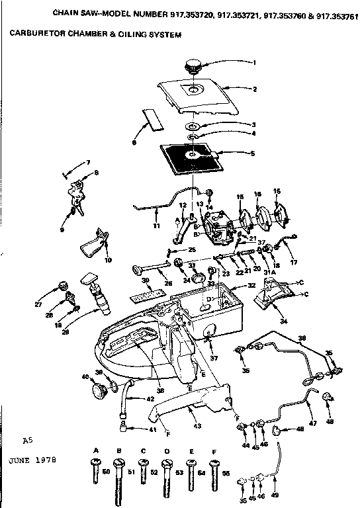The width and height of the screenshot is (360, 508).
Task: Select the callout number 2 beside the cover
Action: [254, 89]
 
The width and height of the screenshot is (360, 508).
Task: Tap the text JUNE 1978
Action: [32, 458]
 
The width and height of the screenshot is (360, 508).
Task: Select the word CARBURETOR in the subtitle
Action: [35, 34]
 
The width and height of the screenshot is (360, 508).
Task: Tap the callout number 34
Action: [284, 322]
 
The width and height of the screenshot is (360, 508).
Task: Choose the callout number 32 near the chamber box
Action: [251, 286]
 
